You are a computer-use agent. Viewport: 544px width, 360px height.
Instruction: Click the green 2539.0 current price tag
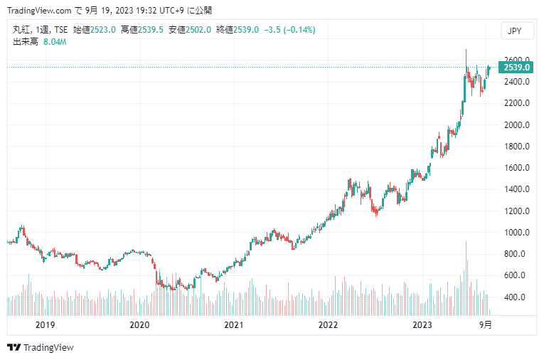[516, 67]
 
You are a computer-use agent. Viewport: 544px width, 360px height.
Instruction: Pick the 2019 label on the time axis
[45, 324]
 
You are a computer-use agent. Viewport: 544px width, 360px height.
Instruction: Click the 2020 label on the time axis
[139, 324]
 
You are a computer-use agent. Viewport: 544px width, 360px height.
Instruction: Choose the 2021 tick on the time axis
[234, 324]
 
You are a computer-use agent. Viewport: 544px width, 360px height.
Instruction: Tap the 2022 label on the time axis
[328, 324]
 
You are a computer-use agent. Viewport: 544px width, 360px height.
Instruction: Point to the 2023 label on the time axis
[422, 324]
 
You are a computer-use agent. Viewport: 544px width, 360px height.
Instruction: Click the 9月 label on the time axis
[485, 324]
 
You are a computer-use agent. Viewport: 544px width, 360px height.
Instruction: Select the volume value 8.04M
[55, 42]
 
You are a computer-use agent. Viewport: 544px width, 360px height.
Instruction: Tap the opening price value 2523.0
[103, 30]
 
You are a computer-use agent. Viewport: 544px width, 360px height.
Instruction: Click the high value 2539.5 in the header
[151, 30]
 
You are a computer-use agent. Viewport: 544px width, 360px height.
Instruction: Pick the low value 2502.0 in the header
[198, 30]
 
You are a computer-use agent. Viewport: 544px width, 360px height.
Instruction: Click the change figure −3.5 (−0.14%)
[289, 30]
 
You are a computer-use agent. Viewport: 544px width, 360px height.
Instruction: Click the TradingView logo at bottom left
[41, 347]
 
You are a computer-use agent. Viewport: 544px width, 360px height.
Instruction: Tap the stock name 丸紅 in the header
[21, 30]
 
